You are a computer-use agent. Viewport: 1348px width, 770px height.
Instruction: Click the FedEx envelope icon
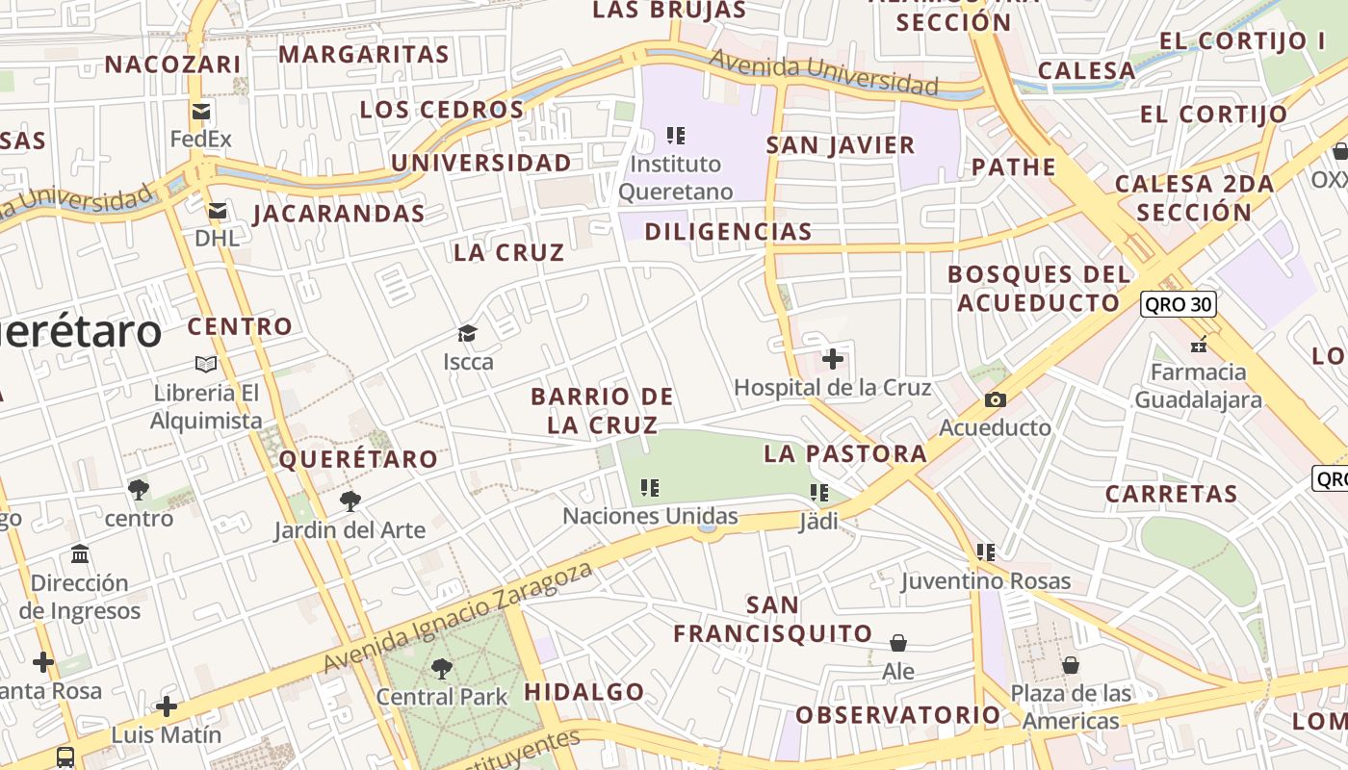(x=201, y=112)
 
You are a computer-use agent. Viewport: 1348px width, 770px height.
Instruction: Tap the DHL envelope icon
(x=218, y=211)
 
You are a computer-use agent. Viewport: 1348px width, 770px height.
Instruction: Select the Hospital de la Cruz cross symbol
(x=833, y=360)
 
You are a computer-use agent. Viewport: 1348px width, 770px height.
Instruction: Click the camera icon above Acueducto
(x=996, y=399)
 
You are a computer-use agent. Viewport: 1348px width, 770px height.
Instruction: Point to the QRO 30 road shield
(x=1179, y=305)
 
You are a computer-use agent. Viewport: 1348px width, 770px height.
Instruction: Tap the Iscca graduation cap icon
(x=468, y=334)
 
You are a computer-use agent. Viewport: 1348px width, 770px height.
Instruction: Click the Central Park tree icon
(x=442, y=668)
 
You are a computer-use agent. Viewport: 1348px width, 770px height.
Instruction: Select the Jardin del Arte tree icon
(x=350, y=501)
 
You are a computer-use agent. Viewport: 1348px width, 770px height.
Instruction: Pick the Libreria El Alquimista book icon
(x=206, y=364)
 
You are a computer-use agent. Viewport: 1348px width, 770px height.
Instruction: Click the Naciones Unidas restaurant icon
(x=651, y=488)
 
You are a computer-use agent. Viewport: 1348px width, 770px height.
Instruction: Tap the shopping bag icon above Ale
(x=898, y=642)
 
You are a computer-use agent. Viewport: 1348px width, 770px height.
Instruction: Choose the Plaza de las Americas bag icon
(x=1070, y=665)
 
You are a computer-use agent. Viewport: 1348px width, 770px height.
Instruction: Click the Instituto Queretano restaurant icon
(x=676, y=136)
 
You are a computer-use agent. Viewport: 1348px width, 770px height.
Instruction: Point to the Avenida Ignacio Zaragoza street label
(x=457, y=617)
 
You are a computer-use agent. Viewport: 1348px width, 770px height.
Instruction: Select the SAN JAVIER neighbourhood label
(x=841, y=145)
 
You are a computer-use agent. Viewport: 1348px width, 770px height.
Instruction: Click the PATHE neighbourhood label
(x=1014, y=167)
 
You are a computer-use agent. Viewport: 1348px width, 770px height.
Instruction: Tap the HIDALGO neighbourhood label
(x=584, y=691)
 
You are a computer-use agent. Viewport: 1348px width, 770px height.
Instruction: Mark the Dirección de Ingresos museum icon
(x=80, y=554)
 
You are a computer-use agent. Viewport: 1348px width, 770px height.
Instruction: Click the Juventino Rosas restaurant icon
(x=986, y=552)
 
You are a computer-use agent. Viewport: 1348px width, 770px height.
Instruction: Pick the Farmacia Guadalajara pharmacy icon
(x=1199, y=344)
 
